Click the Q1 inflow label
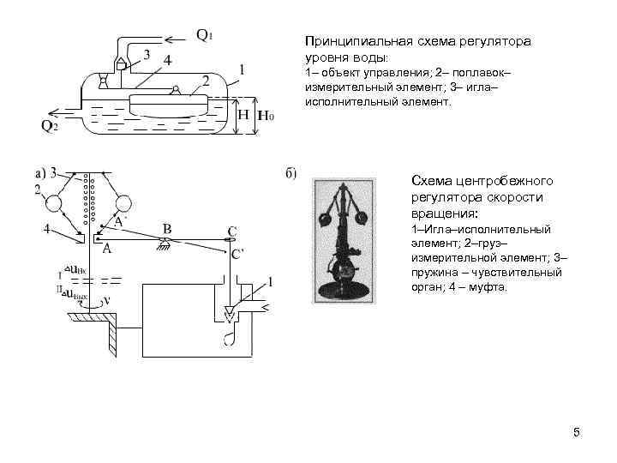point(204,36)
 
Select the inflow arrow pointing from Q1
point(176,38)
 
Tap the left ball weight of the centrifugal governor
point(55,204)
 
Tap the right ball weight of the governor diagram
point(123,204)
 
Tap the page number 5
point(577,432)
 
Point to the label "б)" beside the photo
point(291,174)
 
